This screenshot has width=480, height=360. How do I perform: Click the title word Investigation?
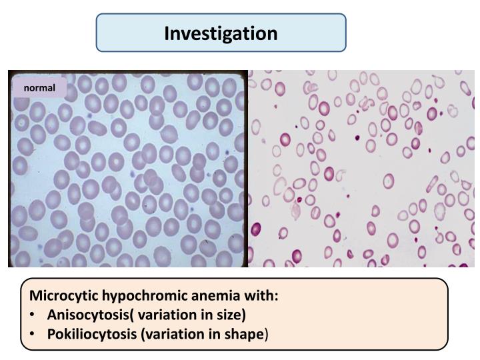221,33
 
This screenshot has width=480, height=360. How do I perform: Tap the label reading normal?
40,88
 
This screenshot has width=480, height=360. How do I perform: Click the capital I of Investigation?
168,33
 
